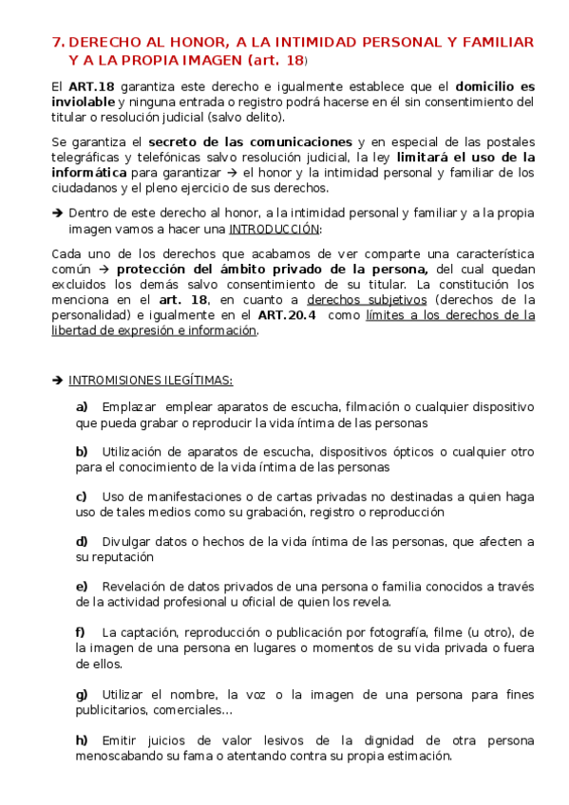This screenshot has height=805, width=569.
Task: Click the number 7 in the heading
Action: pyautogui.click(x=57, y=43)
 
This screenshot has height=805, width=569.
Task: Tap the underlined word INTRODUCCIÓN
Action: pyautogui.click(x=275, y=229)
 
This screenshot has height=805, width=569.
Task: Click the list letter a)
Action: pyautogui.click(x=82, y=406)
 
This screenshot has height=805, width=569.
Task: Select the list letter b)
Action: pyautogui.click(x=82, y=451)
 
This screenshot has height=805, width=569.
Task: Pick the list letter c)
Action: pyautogui.click(x=82, y=496)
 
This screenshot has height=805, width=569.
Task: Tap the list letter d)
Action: pyautogui.click(x=82, y=541)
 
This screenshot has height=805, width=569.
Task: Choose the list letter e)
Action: pyautogui.click(x=82, y=586)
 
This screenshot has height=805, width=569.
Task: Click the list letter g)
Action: pyautogui.click(x=82, y=694)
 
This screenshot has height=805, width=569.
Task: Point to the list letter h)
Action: pyautogui.click(x=82, y=739)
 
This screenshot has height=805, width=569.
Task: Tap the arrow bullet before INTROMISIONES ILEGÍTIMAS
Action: pyautogui.click(x=57, y=380)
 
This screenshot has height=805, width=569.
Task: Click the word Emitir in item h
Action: pyautogui.click(x=121, y=739)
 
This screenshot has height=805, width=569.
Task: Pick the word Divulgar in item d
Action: pyautogui.click(x=128, y=541)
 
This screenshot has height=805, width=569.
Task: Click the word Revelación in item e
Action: pyautogui.click(x=137, y=586)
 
